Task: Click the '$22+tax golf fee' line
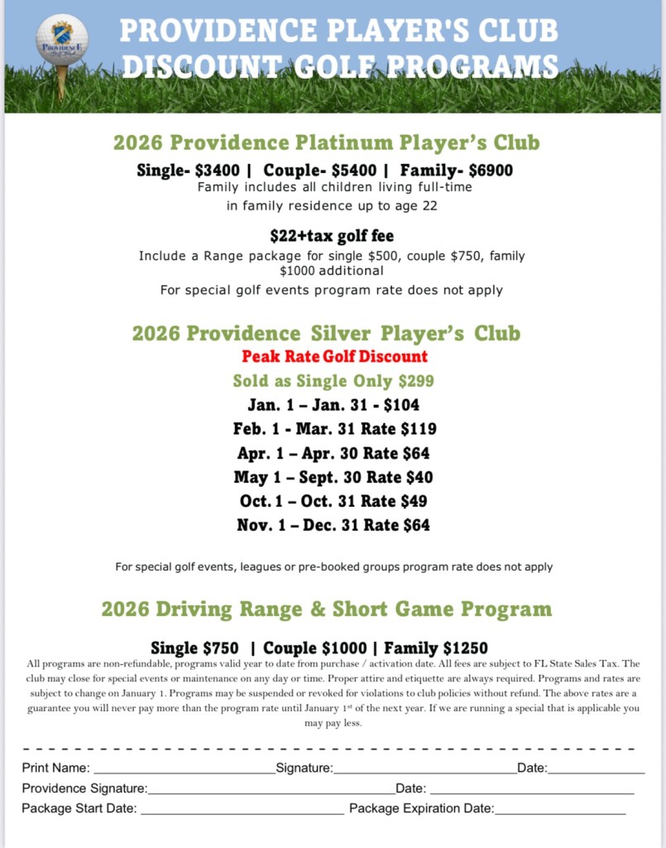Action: [332, 236]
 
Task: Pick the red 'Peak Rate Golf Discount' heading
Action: [334, 357]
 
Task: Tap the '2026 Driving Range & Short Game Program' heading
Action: [326, 609]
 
